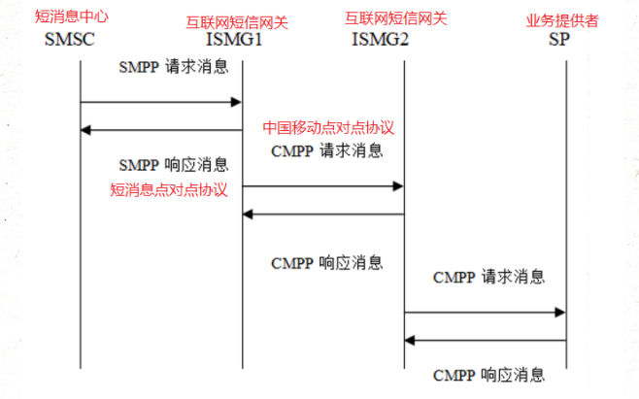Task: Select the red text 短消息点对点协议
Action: (169, 189)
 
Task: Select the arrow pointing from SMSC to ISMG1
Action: (160, 101)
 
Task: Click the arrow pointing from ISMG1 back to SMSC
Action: (160, 129)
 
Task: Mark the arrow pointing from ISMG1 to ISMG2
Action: (322, 185)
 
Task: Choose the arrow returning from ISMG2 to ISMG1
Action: (322, 214)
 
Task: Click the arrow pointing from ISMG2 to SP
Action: (485, 313)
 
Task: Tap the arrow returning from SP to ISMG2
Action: (485, 340)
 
